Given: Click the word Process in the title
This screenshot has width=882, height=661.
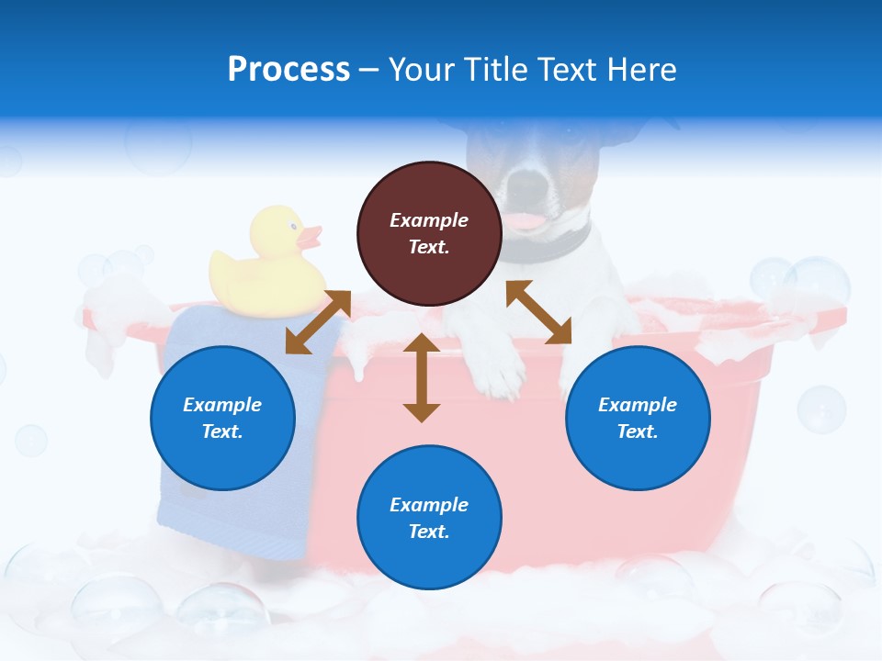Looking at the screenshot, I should point(288,70).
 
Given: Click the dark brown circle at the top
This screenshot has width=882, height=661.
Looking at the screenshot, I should point(429,233).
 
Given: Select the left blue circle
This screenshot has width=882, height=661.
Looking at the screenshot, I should point(222,418).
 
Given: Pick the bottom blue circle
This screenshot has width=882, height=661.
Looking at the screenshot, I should point(429,518).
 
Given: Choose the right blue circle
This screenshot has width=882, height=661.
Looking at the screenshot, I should point(638,418).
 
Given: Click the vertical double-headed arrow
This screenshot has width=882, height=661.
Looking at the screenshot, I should point(422,377).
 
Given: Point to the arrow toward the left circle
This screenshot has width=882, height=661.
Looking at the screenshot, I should point(318,322).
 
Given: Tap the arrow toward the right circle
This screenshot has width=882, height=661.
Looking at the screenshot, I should point(538,312).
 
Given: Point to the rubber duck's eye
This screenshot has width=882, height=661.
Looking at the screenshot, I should point(292,225).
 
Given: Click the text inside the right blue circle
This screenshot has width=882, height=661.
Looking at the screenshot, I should point(638,418).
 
